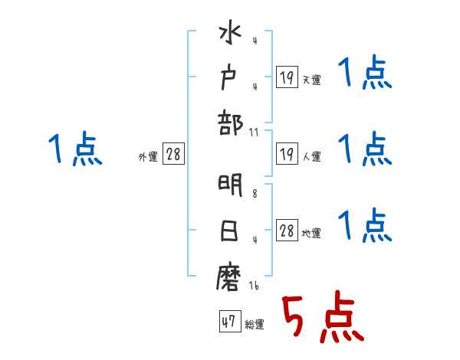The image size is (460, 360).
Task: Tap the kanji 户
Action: coord(230,78)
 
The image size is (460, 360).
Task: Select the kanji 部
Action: coord(230,123)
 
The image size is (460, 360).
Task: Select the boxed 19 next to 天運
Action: coord(287,77)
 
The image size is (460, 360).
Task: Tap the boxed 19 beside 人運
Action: coord(287,154)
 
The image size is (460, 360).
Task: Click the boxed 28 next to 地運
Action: coord(287,231)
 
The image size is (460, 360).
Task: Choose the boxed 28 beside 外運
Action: coord(173,154)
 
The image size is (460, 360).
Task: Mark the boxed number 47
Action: coord(228,322)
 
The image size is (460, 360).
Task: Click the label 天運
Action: coord(311,80)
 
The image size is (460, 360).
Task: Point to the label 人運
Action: coord(311,156)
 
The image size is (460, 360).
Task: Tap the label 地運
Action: coord(311,233)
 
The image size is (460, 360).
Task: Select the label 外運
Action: coord(148,156)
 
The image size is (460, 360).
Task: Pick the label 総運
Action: coord(254,324)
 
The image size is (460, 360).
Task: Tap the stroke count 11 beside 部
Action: coord(254,132)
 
